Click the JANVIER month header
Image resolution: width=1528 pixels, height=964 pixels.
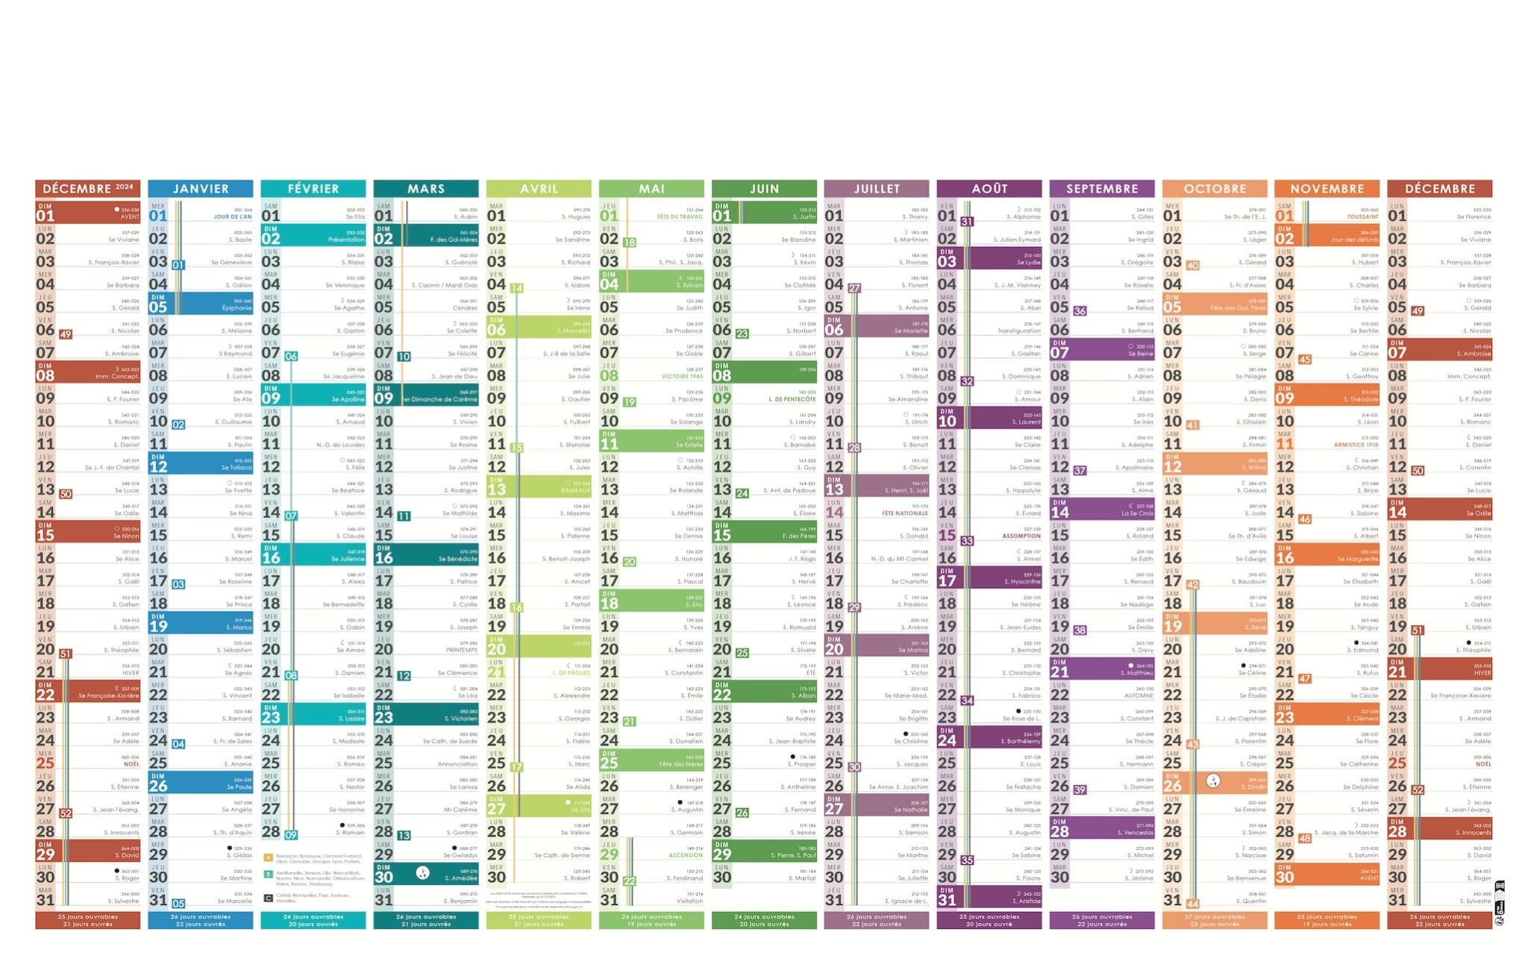coord(201,189)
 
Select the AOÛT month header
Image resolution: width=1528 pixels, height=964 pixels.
coord(989,189)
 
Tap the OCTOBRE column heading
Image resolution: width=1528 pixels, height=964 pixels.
coord(1214,189)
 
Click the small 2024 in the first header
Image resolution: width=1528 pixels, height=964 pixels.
coord(125,187)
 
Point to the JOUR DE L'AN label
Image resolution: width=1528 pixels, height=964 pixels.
coord(233,217)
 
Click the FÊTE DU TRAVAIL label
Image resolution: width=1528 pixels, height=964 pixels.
coord(680,217)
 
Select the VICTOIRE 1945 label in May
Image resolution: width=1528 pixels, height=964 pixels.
coord(682,377)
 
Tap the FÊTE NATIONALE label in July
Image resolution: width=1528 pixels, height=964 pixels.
coord(905,513)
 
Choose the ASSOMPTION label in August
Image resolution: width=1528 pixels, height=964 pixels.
coord(1021,536)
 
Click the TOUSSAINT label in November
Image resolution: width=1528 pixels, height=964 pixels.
coord(1362,217)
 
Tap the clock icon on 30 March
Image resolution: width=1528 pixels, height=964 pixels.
coord(423,873)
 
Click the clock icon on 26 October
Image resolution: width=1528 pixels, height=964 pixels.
coord(1213,781)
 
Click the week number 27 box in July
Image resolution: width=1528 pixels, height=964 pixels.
coord(854,288)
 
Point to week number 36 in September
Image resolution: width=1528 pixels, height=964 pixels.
coord(1080,311)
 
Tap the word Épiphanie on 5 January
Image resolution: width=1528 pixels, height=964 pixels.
coord(237,308)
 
